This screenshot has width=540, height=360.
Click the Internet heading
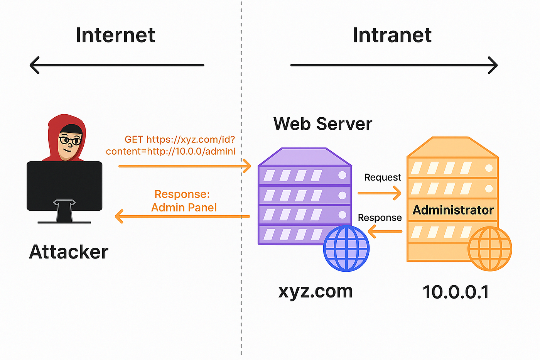[x=115, y=35]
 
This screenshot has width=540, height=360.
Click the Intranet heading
[x=392, y=35]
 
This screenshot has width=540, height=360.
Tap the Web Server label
[x=323, y=124]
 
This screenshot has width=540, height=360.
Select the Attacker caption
[x=69, y=252]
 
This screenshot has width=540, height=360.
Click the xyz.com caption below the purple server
[x=316, y=291]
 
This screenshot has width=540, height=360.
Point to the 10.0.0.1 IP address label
[x=456, y=292]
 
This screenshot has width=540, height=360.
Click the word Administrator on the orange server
[x=453, y=210]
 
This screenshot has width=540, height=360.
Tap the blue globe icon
[x=346, y=248]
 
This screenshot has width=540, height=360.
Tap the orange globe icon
[x=489, y=249]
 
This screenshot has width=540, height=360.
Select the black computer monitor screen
[x=64, y=186]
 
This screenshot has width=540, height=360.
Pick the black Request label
[x=383, y=177]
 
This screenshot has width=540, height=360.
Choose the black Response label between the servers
[x=380, y=218]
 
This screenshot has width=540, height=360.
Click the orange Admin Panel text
[x=184, y=208]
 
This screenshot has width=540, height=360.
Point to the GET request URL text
[x=170, y=145]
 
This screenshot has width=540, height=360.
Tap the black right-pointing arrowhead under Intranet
[x=493, y=65]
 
